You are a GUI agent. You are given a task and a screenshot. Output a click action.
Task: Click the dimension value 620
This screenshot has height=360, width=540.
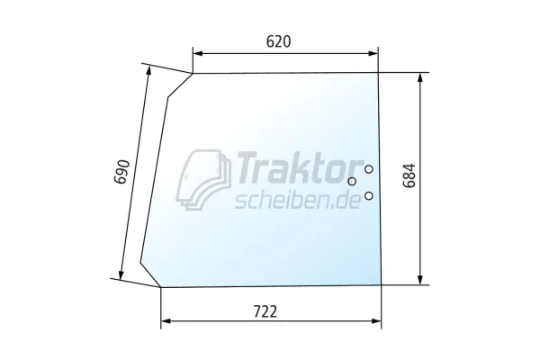tap(279, 41)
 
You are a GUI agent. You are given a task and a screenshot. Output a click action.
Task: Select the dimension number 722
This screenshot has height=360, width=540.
tap(265, 312)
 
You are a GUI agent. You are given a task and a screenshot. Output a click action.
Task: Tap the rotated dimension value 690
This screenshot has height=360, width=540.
tap(122, 172)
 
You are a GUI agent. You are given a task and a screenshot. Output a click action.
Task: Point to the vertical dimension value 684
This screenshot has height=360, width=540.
tap(409, 175)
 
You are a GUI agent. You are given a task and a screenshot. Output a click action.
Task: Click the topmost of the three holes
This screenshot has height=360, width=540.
tap(369, 169)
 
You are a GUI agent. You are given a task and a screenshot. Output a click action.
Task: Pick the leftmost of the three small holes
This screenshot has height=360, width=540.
tap(352, 181)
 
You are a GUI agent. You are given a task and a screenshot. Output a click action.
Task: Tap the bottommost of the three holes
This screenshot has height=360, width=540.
tap(369, 196)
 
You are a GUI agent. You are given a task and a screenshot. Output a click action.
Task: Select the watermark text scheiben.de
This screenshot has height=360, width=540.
tap(298, 200)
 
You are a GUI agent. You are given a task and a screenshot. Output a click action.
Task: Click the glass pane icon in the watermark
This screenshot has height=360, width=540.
tap(203, 179)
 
